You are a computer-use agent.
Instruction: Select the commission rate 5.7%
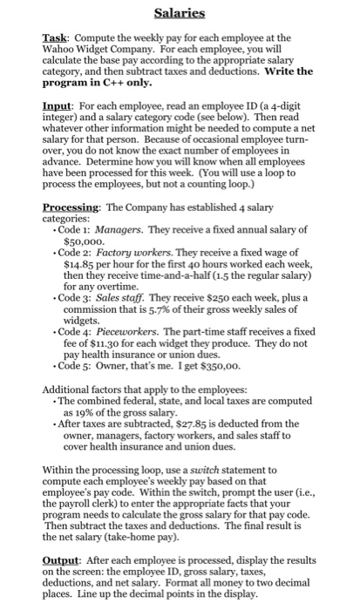[x=186, y=308]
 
